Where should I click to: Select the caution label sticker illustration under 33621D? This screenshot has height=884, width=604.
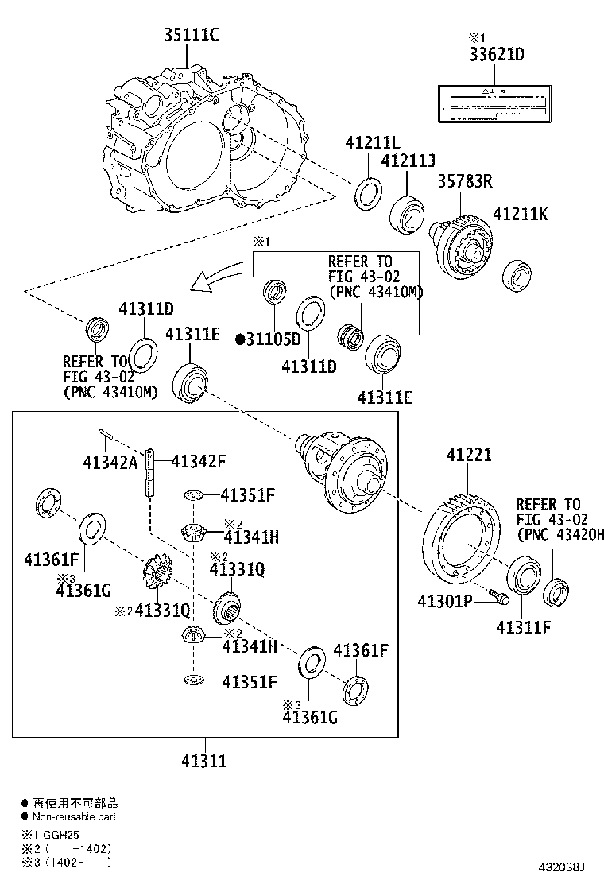click(x=494, y=103)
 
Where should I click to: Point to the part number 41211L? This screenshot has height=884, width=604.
click(x=371, y=143)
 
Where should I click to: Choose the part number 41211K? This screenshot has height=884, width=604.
click(x=521, y=215)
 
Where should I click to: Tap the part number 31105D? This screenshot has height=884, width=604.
click(x=273, y=339)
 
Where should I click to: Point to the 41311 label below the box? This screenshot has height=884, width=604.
click(x=204, y=761)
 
